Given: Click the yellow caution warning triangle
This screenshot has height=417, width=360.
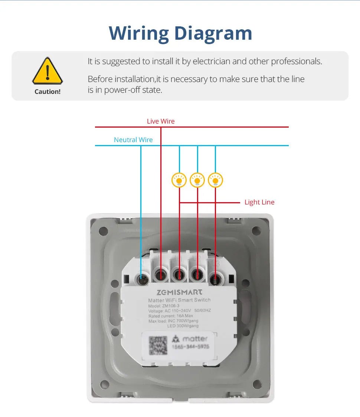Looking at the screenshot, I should point(48,71).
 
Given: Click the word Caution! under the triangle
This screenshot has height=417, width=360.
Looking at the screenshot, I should point(48,92).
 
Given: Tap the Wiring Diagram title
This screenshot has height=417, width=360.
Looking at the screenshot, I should point(180,33).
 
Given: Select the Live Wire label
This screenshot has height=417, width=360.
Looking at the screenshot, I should point(160,121).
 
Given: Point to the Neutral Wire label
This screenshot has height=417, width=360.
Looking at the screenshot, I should point(133,140).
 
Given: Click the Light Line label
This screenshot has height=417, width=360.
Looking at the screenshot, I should point(259,202).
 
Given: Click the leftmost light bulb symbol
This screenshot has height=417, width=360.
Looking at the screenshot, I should point(179,180).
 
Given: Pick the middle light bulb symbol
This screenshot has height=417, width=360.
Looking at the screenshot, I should point(197,180).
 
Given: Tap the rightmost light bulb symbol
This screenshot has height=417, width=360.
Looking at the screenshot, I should point(215,180).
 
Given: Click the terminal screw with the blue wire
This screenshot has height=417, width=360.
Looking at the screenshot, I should point(141,278).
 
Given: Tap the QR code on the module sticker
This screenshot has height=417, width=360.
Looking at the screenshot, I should point(158,345).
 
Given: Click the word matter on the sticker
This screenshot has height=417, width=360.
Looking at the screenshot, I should point(195,338).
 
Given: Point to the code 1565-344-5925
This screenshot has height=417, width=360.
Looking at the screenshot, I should point(190,347).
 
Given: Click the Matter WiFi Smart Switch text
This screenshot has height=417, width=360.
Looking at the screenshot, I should point(179,300).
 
